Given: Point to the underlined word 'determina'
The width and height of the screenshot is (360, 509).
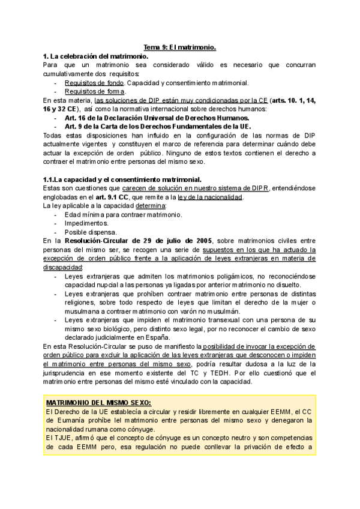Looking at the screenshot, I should (134, 206).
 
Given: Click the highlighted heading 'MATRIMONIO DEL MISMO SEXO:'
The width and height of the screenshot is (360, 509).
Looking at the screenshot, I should (99, 385).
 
